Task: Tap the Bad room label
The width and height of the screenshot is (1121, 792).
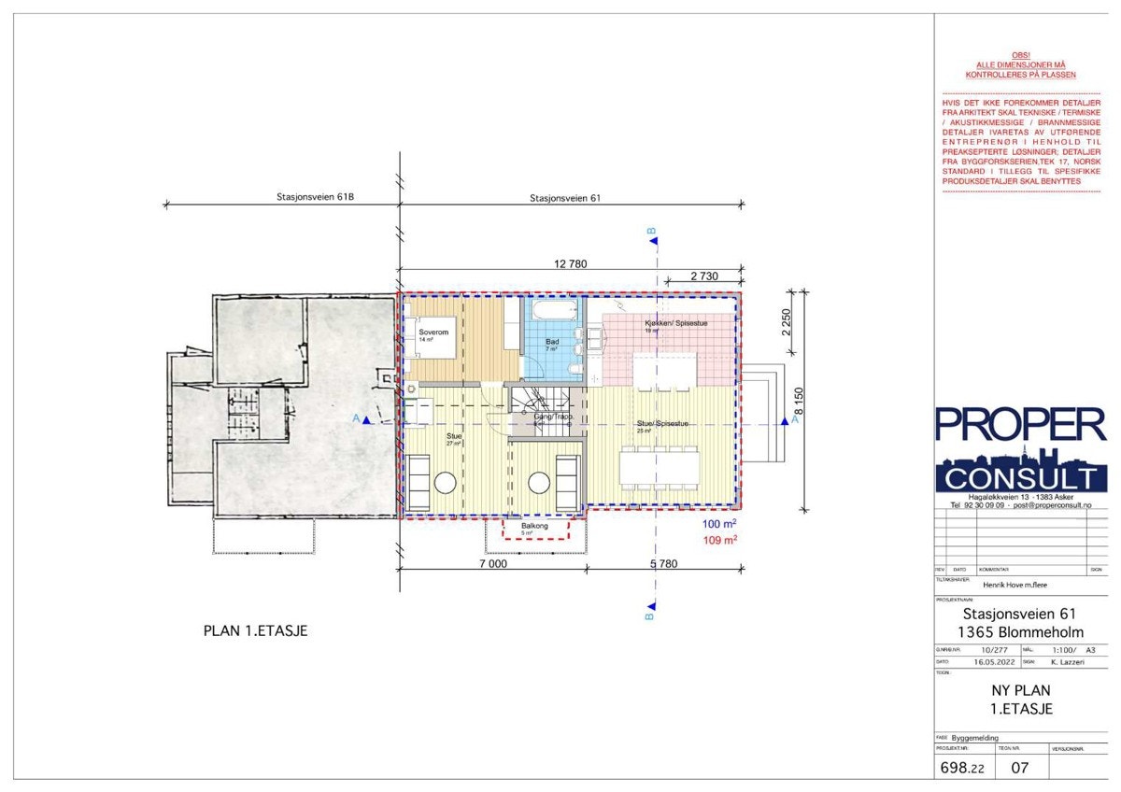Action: click(552, 342)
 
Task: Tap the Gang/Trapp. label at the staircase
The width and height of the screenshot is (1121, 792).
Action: click(552, 417)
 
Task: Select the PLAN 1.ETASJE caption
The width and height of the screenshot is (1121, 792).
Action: click(255, 631)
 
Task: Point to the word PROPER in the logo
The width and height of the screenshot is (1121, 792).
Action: click(1020, 425)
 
